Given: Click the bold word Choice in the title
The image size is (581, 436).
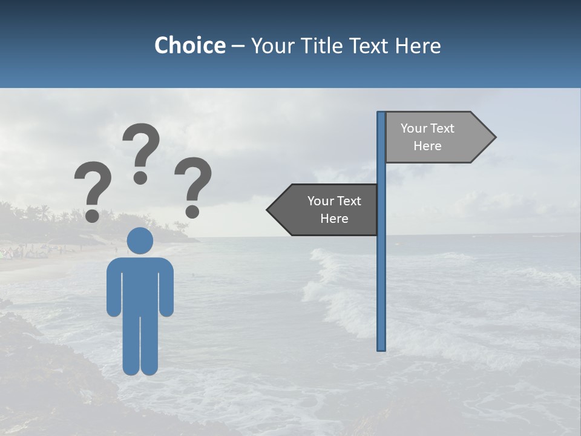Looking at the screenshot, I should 189,45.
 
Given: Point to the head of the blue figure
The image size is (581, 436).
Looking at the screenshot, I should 140,240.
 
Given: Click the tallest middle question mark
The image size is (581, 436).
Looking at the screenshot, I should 142,145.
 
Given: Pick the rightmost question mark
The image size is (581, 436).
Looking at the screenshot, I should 193,179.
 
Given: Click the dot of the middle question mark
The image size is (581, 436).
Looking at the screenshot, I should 140,177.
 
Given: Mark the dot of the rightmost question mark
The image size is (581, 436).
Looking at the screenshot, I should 192,211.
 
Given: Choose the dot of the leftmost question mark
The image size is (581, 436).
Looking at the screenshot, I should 92,215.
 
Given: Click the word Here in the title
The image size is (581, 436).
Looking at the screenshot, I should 418,45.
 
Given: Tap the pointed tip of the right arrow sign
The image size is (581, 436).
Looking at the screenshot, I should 494,137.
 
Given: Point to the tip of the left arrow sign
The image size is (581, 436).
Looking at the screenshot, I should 268,210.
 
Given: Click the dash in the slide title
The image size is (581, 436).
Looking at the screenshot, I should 238,46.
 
